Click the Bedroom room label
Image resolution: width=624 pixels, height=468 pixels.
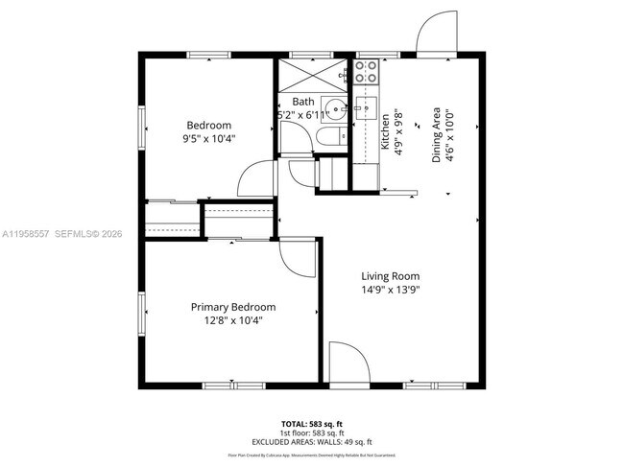click(x=208, y=126)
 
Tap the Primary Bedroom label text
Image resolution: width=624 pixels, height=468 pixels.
click(x=232, y=307)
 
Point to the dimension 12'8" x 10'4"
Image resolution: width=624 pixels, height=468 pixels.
click(x=232, y=320)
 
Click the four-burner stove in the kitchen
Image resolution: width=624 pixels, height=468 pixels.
click(x=366, y=71)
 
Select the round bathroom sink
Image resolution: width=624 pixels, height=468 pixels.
click(x=332, y=107)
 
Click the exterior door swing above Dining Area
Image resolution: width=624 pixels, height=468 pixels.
click(x=437, y=34)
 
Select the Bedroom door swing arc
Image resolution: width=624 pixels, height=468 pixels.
click(x=258, y=178)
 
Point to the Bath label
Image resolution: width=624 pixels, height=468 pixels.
click(x=303, y=102)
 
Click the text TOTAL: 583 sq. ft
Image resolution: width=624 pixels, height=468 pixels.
click(x=311, y=422)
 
